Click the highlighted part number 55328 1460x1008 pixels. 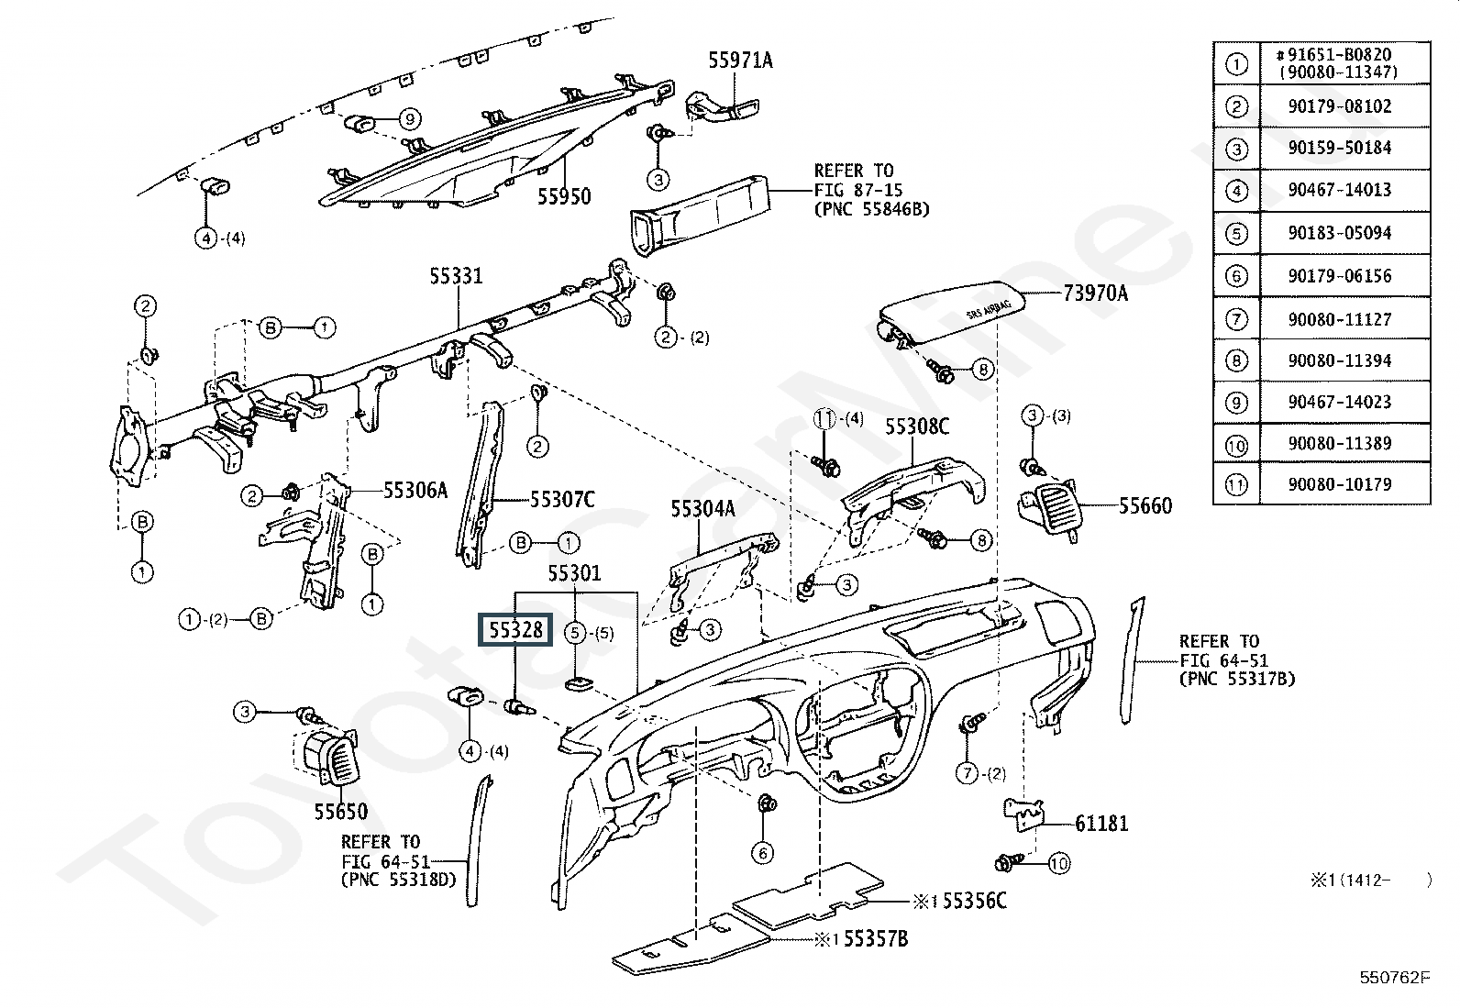tap(515, 630)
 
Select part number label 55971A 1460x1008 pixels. tap(739, 61)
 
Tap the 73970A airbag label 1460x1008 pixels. tap(1095, 294)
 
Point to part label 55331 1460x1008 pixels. tap(456, 276)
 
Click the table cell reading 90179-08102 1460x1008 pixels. tap(1339, 106)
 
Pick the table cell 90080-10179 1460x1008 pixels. tap(1339, 484)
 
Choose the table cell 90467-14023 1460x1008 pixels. tap(1339, 402)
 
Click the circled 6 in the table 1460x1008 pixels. tap(1236, 276)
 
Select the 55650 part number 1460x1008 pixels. tap(340, 812)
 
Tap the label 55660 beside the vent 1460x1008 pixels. tap(1145, 505)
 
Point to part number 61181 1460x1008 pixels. tap(1101, 824)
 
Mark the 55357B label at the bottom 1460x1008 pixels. tap(875, 939)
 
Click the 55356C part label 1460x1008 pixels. tap(974, 901)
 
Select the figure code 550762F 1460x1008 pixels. tap(1394, 978)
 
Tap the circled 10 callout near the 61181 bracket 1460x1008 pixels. tap(1058, 863)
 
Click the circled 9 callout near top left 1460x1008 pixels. tap(409, 118)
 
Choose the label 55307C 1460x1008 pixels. tap(561, 500)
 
